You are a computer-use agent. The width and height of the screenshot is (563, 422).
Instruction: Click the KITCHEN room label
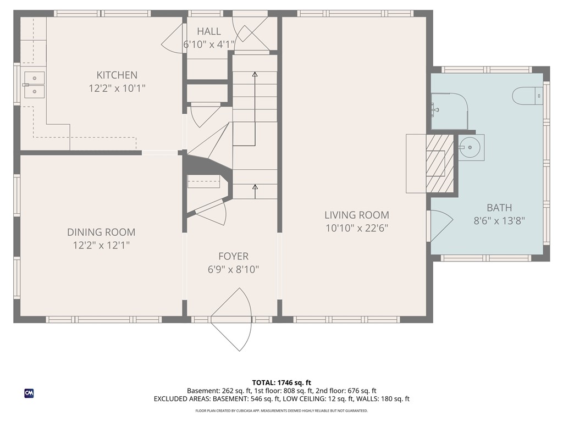[x=117, y=75]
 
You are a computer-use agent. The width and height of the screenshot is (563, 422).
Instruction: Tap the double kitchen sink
[x=34, y=85]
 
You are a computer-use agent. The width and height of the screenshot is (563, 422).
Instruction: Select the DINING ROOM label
[x=101, y=232]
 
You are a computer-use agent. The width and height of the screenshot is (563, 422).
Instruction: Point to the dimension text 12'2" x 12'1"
[x=101, y=246]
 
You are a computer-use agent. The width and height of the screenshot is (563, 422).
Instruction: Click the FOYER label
[x=233, y=256]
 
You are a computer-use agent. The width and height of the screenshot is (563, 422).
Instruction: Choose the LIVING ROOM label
[x=356, y=215]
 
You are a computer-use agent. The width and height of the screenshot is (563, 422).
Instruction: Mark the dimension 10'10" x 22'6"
[x=356, y=228]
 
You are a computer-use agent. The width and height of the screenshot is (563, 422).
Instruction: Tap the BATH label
[x=499, y=208]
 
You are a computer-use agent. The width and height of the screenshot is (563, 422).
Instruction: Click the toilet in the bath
[x=528, y=96]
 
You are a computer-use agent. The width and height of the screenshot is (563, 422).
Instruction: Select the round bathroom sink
[x=470, y=147]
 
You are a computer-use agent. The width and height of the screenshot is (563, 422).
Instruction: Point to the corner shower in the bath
[x=448, y=110]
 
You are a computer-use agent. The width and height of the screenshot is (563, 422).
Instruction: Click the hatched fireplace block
[x=440, y=163]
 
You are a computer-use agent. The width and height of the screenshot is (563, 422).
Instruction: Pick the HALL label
[x=209, y=32]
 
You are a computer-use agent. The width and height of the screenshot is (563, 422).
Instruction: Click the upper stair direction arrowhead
[x=255, y=74]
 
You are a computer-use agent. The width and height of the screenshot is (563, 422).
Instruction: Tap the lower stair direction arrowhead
[x=255, y=187]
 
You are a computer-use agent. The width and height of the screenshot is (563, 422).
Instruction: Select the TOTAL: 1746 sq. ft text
[x=281, y=382]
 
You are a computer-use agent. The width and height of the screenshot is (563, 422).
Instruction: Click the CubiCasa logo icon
[x=29, y=393]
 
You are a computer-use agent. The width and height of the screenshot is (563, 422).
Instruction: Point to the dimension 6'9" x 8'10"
[x=233, y=269]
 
